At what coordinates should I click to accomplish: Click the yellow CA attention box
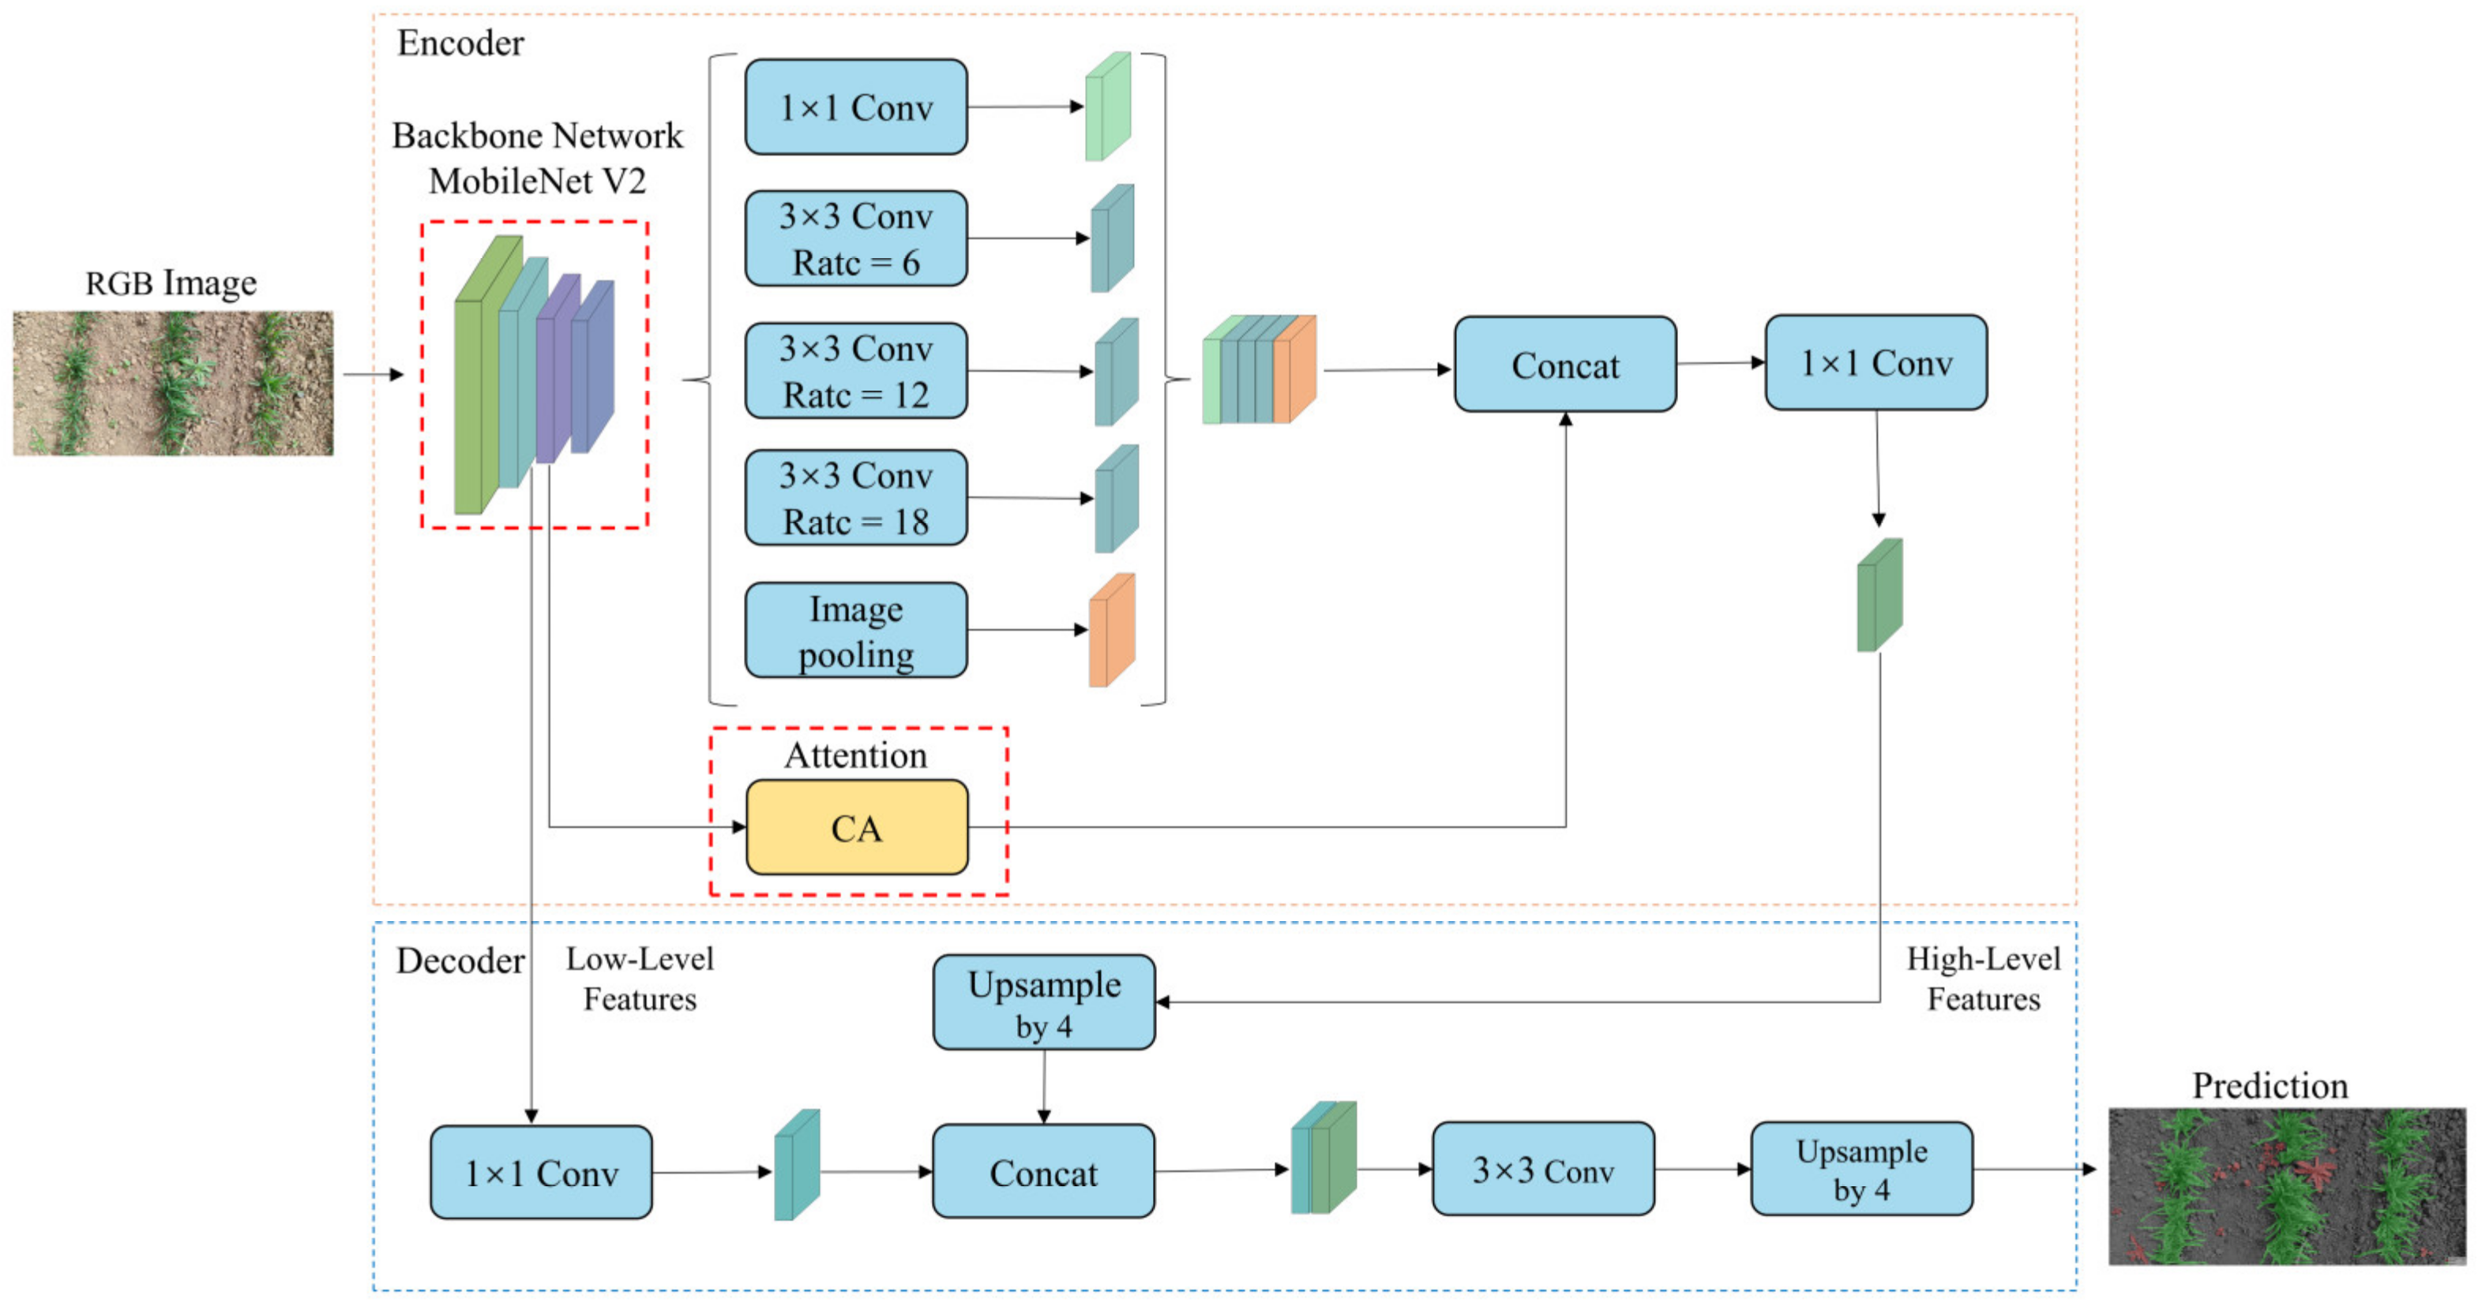[856, 827]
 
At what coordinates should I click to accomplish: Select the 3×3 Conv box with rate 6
[855, 238]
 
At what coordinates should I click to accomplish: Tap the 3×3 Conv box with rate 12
[855, 370]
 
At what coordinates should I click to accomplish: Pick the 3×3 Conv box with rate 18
[855, 497]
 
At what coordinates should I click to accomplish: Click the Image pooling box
[855, 630]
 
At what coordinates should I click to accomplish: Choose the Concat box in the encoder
[1564, 365]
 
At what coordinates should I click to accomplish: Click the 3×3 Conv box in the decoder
[1543, 1170]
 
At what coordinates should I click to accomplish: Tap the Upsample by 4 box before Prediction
[1860, 1170]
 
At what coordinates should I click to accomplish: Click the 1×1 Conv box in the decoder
[541, 1172]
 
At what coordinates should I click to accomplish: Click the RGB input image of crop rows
[173, 383]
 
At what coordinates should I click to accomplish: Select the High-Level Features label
[1983, 978]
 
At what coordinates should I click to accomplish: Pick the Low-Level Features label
[640, 978]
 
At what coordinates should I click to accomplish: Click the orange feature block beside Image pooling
[1111, 631]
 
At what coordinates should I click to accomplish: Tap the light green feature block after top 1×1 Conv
[1107, 107]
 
